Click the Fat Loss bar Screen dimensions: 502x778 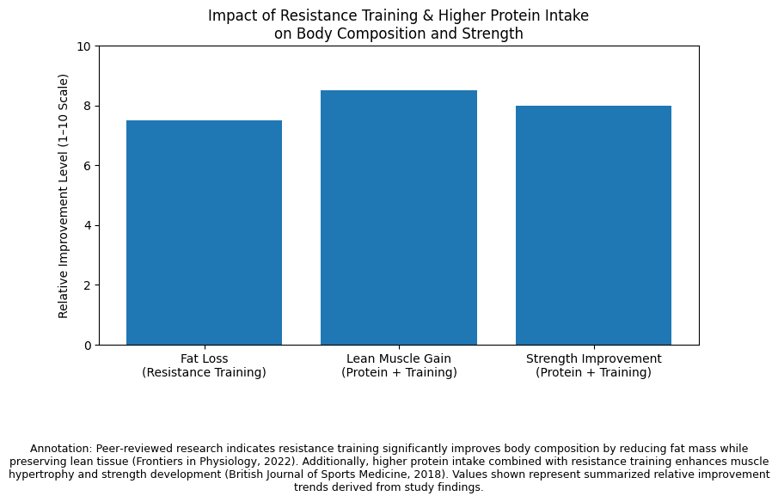pyautogui.click(x=204, y=232)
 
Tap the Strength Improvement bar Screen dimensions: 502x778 pyautogui.click(x=593, y=225)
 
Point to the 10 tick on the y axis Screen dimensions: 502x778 pyautogui.click(x=84, y=46)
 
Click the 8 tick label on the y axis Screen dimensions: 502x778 pyautogui.click(x=88, y=106)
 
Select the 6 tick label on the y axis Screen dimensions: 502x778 pyautogui.click(x=88, y=166)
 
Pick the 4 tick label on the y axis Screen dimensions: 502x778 pyautogui.click(x=88, y=225)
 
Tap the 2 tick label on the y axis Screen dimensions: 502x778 pyautogui.click(x=88, y=285)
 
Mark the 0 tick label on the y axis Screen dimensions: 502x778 pyautogui.click(x=88, y=346)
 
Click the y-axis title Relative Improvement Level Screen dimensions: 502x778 pyautogui.click(x=64, y=196)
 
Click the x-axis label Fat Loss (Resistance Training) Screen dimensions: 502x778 pyautogui.click(x=204, y=365)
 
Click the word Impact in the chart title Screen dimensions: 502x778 pyautogui.click(x=230, y=16)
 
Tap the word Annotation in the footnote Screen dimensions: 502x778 pyautogui.click(x=60, y=449)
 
